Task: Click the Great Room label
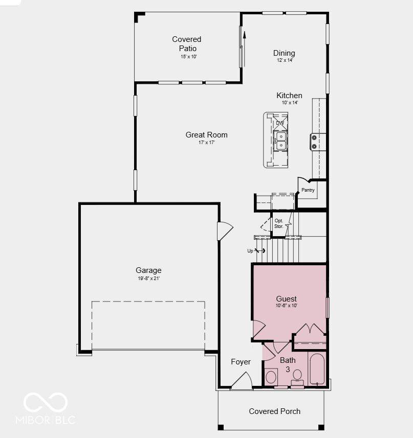(206, 135)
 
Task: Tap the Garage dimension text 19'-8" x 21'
(149, 278)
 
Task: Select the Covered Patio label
(187, 43)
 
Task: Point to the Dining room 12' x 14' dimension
(285, 60)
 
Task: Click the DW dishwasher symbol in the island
(280, 123)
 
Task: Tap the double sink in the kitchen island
(280, 141)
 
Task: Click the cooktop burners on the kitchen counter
(314, 142)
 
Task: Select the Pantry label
(308, 190)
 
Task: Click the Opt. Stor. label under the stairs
(279, 223)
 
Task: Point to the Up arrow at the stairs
(256, 250)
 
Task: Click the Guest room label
(286, 298)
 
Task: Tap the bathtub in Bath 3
(317, 368)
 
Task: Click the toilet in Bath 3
(297, 377)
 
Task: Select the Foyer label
(241, 362)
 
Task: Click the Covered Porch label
(275, 411)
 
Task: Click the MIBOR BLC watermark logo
(46, 408)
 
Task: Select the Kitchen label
(289, 96)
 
